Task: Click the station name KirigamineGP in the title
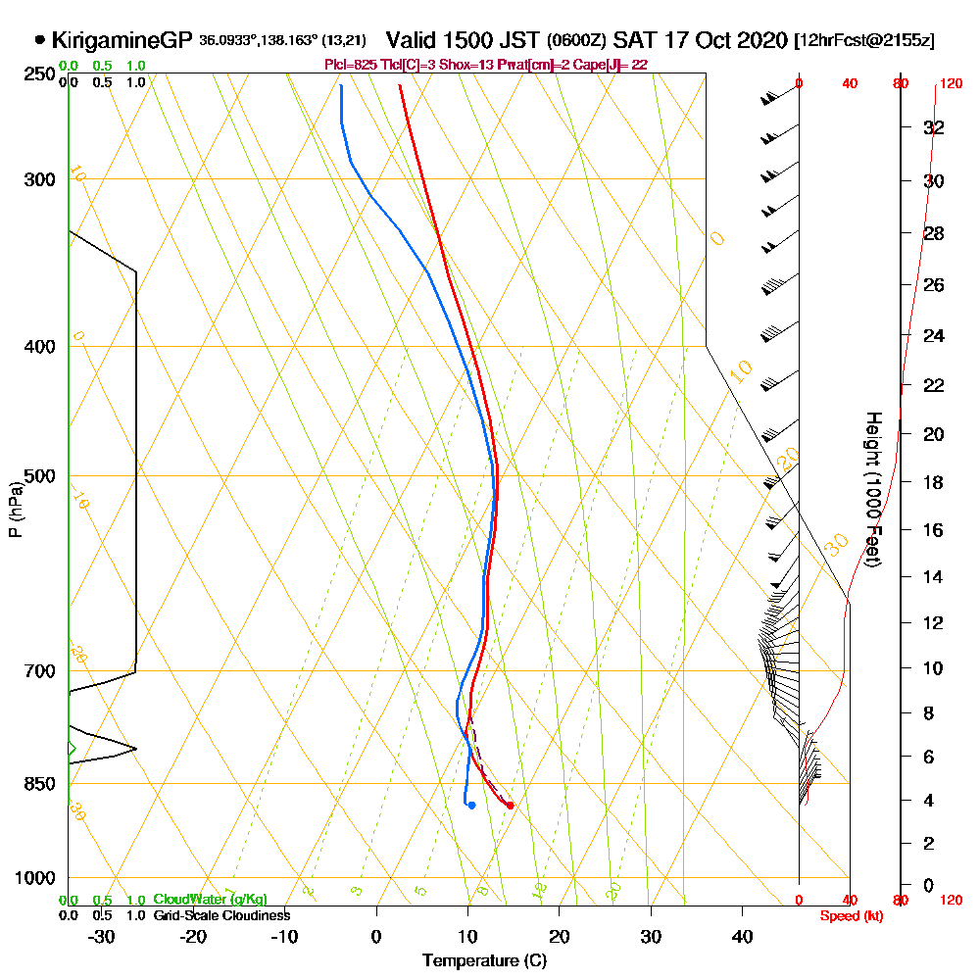coord(121,41)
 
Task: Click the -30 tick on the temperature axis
coord(102,936)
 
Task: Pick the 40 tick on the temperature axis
coord(742,936)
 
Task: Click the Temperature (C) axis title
coord(484,961)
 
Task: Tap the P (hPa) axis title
coord(15,509)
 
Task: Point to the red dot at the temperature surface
coord(510,806)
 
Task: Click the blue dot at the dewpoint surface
coord(471,806)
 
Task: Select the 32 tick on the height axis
coord(933,127)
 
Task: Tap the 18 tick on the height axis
coord(933,482)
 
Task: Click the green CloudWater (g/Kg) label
coord(210,900)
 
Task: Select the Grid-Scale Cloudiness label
coord(221,915)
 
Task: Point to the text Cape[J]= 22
coord(613,64)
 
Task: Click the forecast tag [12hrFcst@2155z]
coord(865,41)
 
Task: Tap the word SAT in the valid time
coord(629,41)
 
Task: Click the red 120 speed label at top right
coord(950,83)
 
